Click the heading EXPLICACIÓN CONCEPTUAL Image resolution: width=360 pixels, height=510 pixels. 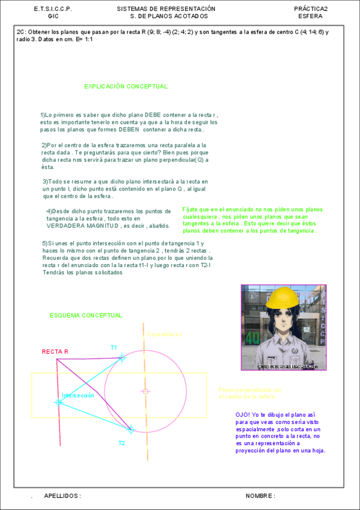pos(126,87)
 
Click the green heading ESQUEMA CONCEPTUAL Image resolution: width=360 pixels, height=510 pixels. pos(86,315)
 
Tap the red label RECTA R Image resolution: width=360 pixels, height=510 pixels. pos(55,352)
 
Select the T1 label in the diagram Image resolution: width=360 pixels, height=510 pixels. pos(114,348)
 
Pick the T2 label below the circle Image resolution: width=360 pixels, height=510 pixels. pos(121,443)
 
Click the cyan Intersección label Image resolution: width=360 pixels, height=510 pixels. pos(78,396)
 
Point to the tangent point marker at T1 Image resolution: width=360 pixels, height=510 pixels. pos(122,358)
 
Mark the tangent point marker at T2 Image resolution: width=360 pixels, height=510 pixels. pos(131,429)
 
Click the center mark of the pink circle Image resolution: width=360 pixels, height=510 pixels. pos(145,392)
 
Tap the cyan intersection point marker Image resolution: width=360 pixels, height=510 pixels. pos(58,402)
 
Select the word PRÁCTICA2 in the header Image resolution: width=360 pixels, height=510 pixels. pos(311,9)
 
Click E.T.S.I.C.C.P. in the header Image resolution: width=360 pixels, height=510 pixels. pos(53,9)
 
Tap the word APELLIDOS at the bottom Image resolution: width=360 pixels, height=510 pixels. pos(63,496)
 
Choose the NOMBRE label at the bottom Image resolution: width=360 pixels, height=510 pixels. pos(259,496)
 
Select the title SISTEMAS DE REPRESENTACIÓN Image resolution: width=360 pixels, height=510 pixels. pos(166,9)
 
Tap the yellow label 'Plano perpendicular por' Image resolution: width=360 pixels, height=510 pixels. pos(251,390)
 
